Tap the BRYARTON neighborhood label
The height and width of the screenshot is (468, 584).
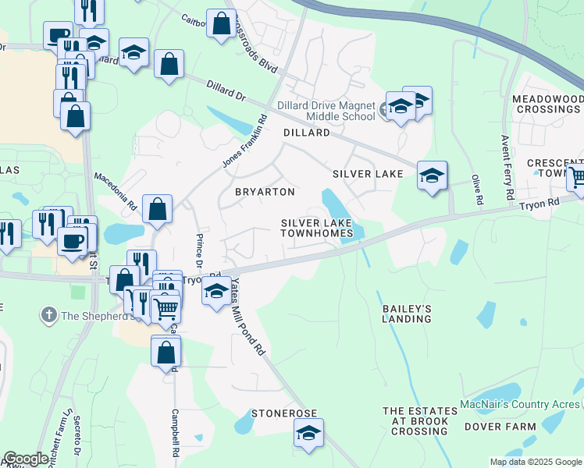coord(265,192)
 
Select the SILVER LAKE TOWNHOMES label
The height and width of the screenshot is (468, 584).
coord(317,229)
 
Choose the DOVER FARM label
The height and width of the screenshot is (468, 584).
coord(500,427)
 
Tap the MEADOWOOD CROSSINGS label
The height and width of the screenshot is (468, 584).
coord(547,105)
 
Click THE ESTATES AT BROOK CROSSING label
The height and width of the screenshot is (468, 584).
coord(419,421)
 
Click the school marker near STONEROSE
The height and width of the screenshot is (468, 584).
coord(309,434)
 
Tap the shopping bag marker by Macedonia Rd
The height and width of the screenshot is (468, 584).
coord(158,210)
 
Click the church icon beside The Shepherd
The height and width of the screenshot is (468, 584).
coord(49,315)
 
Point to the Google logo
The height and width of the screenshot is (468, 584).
coord(26,459)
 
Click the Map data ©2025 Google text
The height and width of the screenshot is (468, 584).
coord(534,462)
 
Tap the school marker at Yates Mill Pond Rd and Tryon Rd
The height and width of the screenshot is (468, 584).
coord(216,293)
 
